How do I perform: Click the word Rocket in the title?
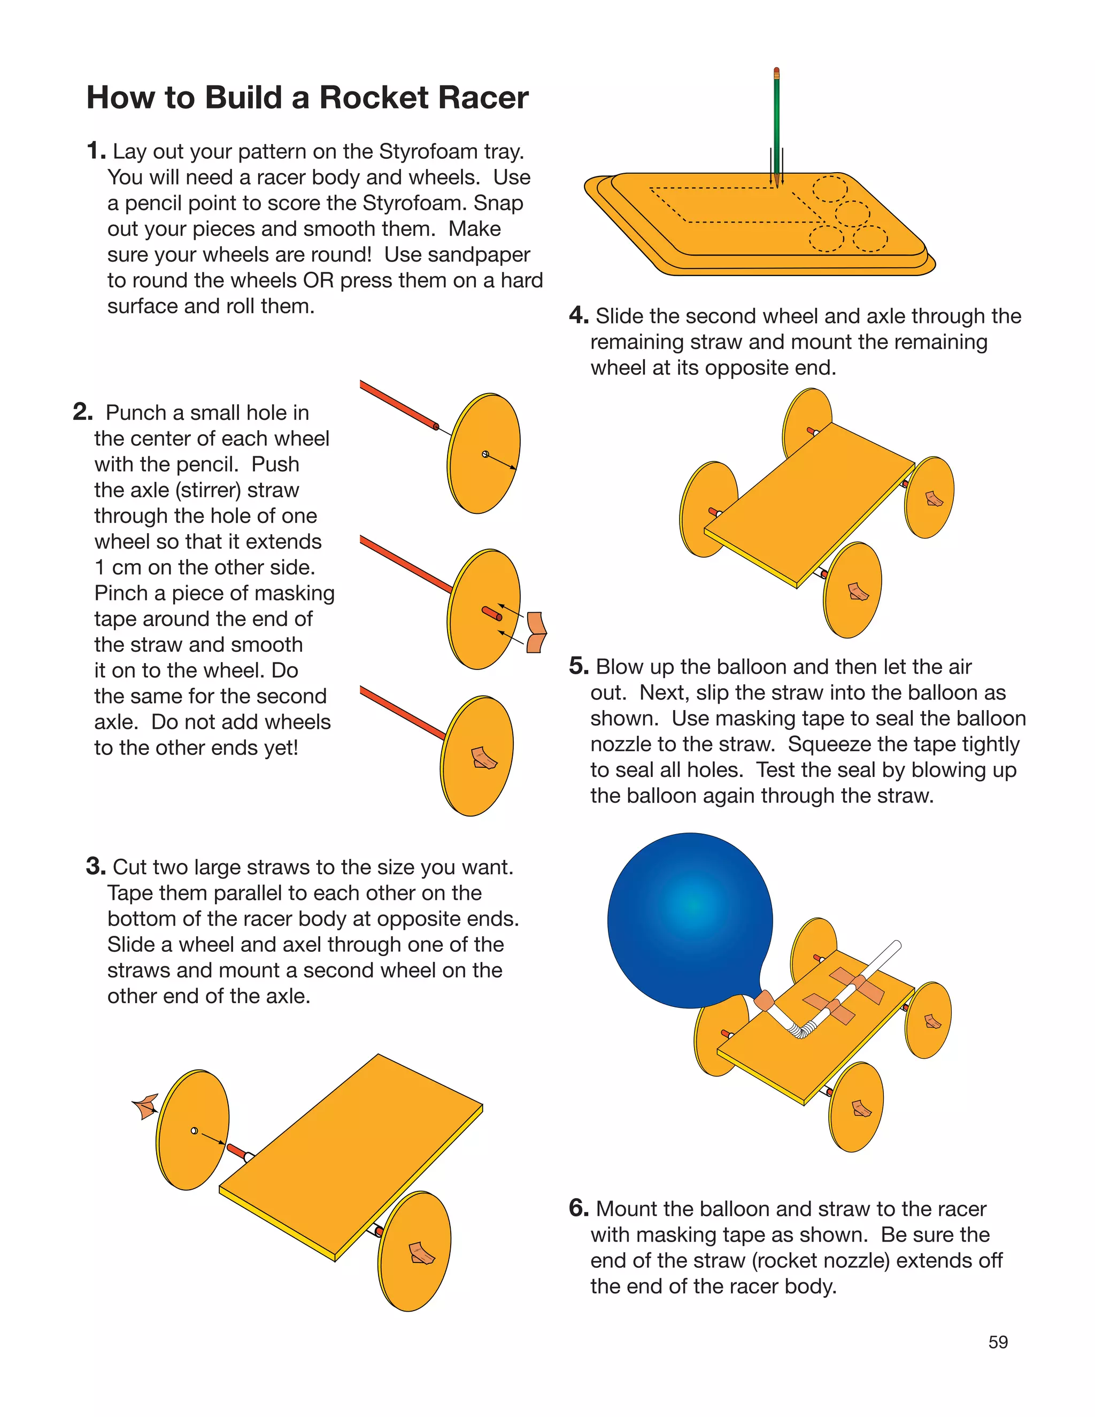coord(374,98)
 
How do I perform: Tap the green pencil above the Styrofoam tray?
coord(776,124)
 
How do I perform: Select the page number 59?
coord(998,1342)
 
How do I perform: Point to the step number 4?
coord(577,316)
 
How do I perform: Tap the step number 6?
coord(577,1208)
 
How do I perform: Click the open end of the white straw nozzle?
coord(897,945)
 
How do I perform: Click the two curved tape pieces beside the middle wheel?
coord(536,633)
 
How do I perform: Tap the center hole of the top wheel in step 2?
coord(485,454)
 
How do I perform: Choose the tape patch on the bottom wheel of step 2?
coord(483,758)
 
